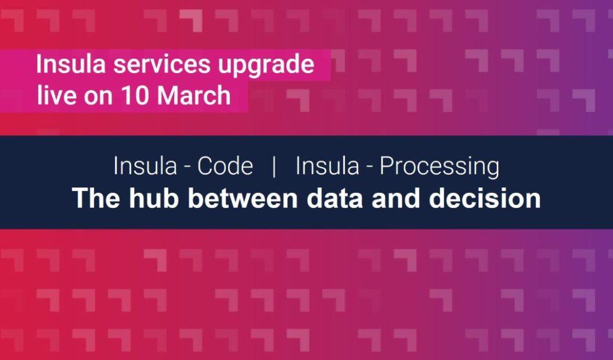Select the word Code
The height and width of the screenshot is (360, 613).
(x=225, y=166)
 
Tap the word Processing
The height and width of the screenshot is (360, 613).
(x=439, y=168)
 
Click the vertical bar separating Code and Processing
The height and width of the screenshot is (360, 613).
(x=274, y=167)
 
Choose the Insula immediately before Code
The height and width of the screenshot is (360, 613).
(x=145, y=166)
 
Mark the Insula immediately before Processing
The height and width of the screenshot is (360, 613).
(x=327, y=166)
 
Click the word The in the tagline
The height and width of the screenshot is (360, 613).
(x=96, y=198)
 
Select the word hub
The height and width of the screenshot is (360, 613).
(x=154, y=198)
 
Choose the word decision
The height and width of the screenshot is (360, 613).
(x=485, y=198)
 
